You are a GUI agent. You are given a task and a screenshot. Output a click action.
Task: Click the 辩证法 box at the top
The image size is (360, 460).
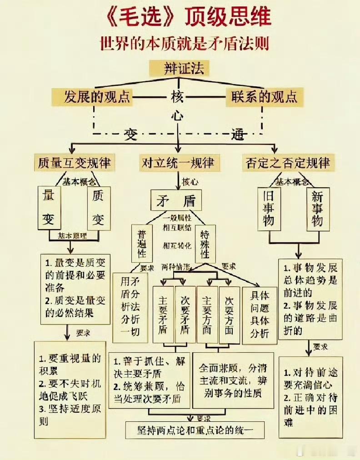coord(180,69)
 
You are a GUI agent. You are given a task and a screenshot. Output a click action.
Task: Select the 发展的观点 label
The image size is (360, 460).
coord(97,97)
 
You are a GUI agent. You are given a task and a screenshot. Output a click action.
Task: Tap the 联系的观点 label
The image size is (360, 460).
coord(264,97)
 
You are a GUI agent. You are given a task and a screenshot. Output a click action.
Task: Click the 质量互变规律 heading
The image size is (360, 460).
coord(75,162)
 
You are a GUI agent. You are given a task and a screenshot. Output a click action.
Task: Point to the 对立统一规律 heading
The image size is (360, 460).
coord(178,162)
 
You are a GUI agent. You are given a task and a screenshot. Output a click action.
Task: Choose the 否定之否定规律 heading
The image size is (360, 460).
coord(287,162)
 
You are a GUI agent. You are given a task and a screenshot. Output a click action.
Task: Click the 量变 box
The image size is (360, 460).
coord(49,208)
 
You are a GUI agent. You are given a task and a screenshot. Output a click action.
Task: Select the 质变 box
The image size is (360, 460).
coord(98,208)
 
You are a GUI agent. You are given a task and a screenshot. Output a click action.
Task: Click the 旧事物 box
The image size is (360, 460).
coord(269,209)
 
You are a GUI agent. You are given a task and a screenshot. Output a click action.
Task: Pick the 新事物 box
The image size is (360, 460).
coord(318,209)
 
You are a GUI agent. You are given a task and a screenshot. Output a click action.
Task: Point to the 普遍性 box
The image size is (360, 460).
coord(142,244)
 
